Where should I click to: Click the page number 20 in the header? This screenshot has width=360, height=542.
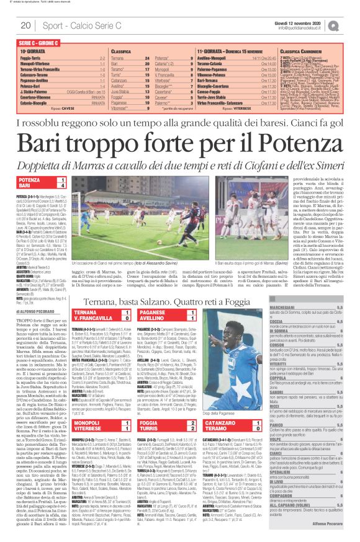coord(26,25)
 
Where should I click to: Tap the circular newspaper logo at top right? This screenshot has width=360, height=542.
coord(352,25)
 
